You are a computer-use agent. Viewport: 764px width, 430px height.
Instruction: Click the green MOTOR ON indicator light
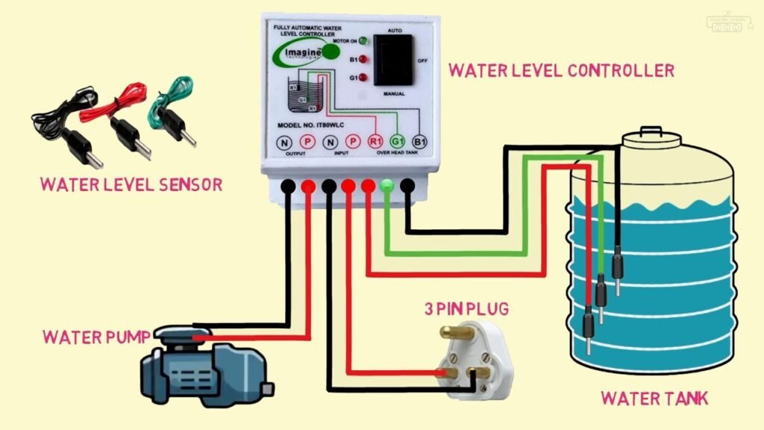363,40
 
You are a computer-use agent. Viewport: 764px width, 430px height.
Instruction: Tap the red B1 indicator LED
363,58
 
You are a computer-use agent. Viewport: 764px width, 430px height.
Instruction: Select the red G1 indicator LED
363,77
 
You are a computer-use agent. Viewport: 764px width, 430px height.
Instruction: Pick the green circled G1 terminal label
398,141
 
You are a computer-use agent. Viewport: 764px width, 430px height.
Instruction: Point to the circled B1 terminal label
420,141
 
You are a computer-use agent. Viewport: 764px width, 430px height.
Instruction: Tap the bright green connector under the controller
386,186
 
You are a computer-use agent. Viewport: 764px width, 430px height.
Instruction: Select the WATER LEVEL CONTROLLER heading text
560,71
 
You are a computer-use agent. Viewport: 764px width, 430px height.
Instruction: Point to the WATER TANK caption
654,398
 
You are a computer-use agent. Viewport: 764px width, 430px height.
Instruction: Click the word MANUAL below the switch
394,94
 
